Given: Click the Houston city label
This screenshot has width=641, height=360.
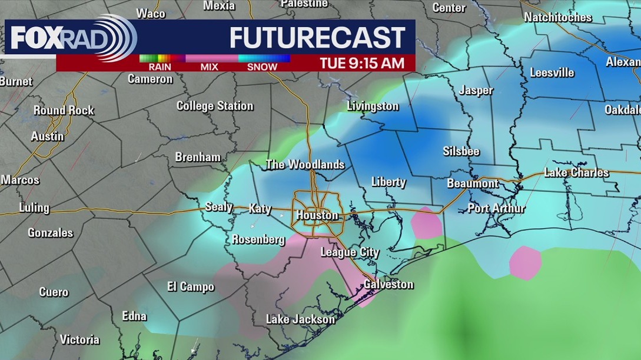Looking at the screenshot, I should (x=317, y=215).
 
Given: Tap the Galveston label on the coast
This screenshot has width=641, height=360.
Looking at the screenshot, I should (x=388, y=284).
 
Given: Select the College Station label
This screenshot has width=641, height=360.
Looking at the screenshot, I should (x=215, y=106).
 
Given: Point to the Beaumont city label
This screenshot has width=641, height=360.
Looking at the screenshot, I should (x=473, y=184).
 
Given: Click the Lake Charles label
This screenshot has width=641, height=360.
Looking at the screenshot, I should (x=576, y=172).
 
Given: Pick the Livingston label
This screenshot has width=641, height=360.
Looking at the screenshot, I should (x=373, y=106).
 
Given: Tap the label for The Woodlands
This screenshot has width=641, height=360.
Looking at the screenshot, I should (x=305, y=165).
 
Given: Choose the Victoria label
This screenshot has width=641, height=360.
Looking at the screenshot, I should (x=79, y=339).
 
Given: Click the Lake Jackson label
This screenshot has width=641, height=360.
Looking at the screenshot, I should (x=300, y=319).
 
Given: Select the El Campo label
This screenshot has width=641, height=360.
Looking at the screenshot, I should (x=191, y=287).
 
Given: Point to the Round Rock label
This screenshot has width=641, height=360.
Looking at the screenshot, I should (x=64, y=111).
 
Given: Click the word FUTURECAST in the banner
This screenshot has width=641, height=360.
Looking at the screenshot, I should (x=317, y=38).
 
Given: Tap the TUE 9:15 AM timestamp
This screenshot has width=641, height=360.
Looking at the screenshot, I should (x=362, y=63).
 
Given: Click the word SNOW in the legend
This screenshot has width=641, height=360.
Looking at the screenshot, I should (x=262, y=67).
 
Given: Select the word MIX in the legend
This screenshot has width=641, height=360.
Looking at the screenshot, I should (x=209, y=67).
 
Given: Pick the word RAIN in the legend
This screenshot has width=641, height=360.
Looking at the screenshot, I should (x=160, y=67).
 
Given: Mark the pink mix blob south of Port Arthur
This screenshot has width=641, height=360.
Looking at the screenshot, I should (x=524, y=262).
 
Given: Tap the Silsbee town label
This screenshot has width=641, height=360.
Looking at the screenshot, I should (x=461, y=151).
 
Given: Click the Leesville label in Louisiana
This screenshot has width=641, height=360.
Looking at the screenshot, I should (x=552, y=73).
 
